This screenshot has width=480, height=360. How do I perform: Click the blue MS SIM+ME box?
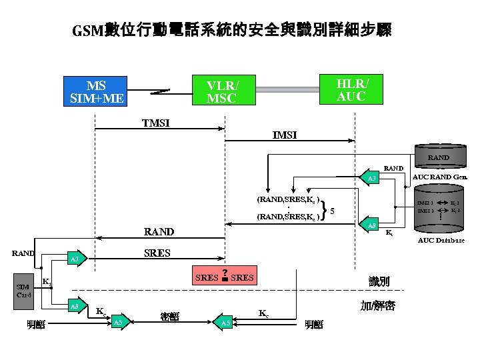coord(97,92)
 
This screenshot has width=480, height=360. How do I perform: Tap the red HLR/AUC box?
coord(351,89)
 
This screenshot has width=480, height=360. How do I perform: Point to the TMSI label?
coord(155,123)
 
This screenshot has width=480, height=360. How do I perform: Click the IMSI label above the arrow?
coord(285,135)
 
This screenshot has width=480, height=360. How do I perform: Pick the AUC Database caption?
coord(441,240)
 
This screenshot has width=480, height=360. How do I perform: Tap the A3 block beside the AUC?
coord(374,179)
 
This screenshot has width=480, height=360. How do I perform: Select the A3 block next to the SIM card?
coord(77,259)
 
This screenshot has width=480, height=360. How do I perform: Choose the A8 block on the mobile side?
coord(77,306)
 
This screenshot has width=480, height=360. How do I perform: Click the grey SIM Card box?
coord(24,291)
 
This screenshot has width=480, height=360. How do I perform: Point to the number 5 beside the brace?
coord(332,211)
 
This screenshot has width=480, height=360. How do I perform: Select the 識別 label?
coord(379,283)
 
